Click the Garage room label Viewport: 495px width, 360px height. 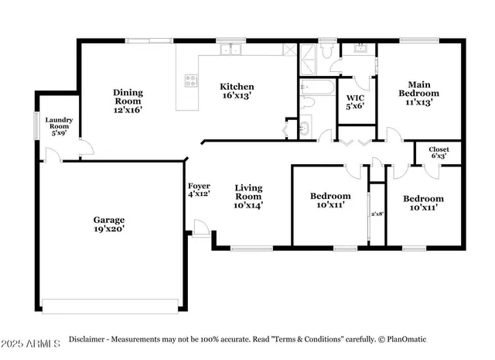[109, 219]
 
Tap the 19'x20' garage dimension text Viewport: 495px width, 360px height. [109, 229]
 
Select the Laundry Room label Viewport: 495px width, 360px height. [59, 123]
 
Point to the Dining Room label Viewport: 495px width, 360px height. [128, 97]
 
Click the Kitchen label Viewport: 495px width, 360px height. [237, 87]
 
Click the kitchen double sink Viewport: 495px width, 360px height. [230, 51]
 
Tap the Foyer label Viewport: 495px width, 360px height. [199, 186]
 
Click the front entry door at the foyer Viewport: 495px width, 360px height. [200, 228]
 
